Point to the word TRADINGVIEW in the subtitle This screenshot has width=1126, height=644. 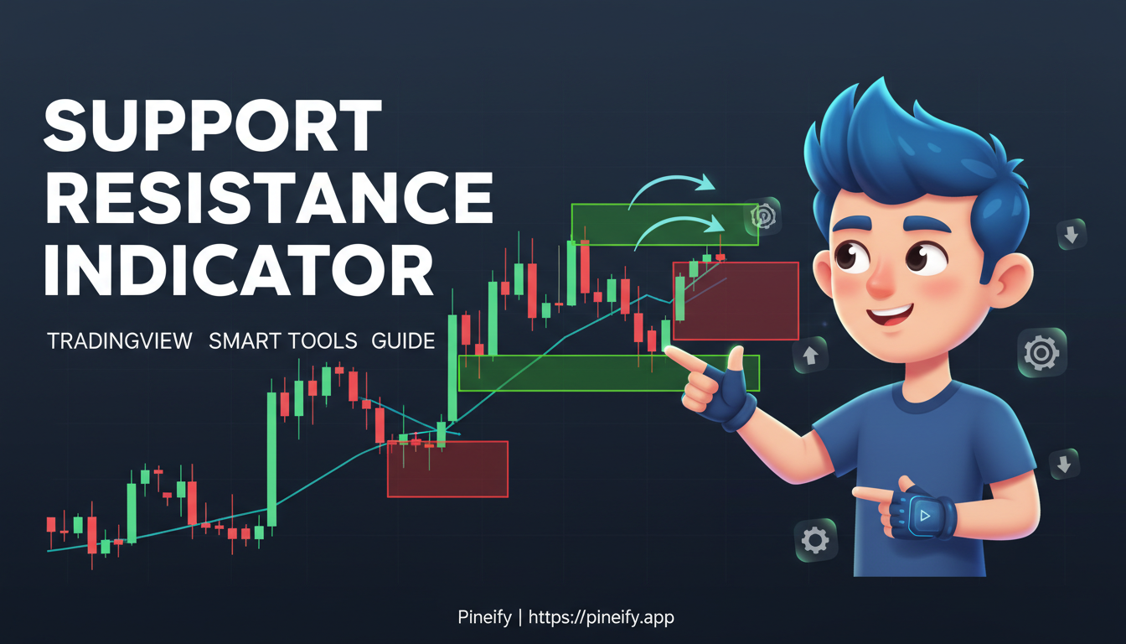click(120, 341)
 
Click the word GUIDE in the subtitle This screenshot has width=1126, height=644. click(405, 341)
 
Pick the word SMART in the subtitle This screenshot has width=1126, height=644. click(245, 341)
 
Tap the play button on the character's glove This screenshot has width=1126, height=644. click(924, 516)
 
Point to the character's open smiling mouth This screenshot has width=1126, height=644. click(893, 317)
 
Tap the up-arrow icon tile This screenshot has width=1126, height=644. click(810, 355)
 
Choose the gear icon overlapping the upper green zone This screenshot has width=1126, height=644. click(763, 217)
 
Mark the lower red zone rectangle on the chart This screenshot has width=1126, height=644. click(447, 469)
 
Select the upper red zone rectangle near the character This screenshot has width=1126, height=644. click(736, 301)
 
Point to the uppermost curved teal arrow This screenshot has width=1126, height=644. click(670, 189)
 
